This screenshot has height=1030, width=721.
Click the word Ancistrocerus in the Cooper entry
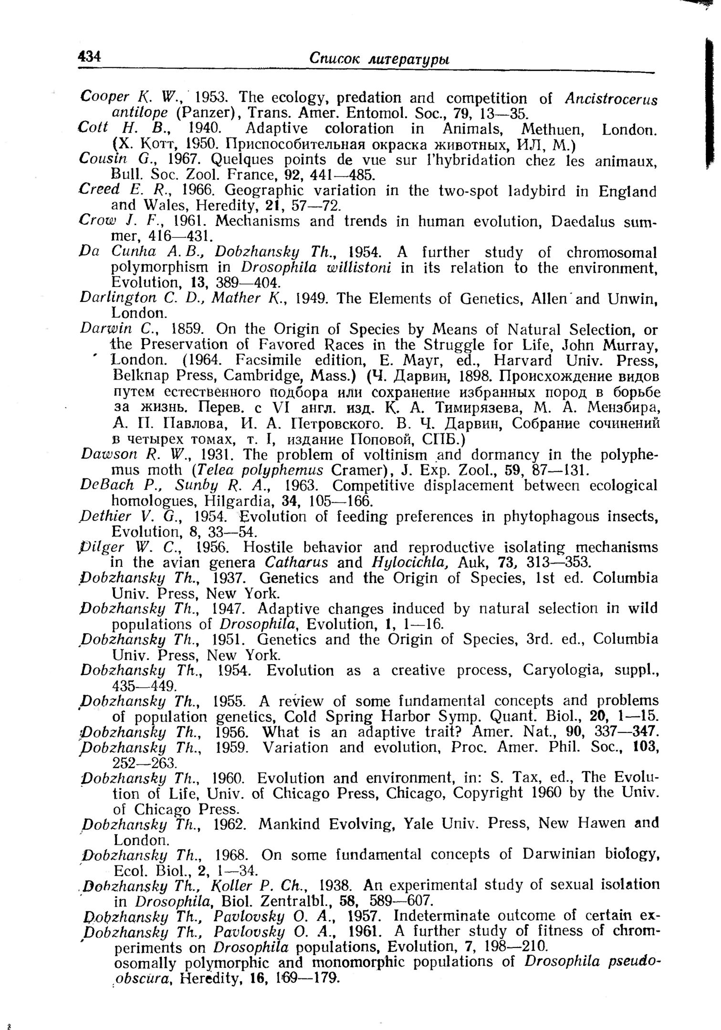(x=611, y=99)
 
